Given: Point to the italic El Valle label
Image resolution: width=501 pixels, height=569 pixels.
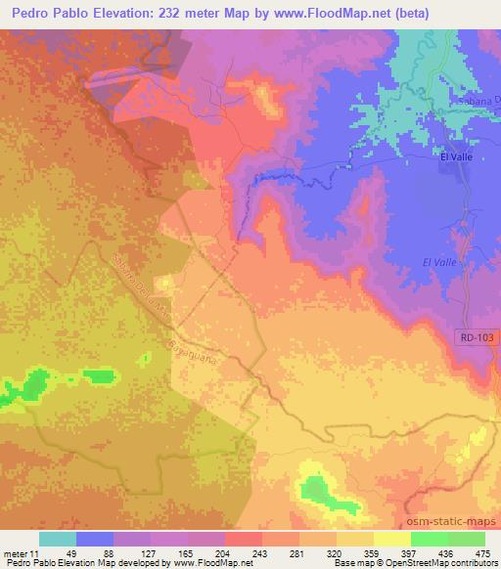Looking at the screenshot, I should click(x=439, y=262).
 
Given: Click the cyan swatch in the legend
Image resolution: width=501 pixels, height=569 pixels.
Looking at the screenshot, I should click(x=58, y=538).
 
